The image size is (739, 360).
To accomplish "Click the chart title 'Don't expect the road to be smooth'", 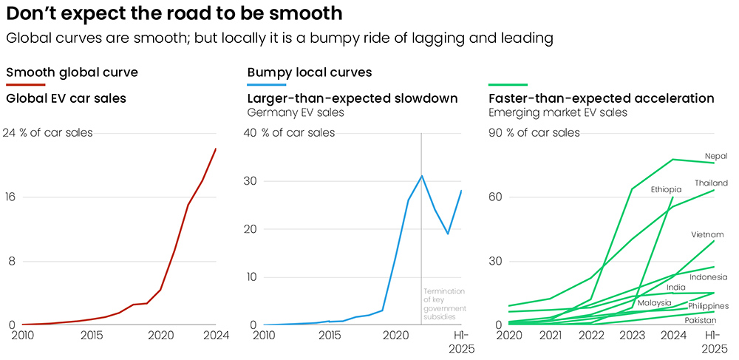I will click(x=174, y=13).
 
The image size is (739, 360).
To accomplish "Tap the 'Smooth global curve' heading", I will click(x=72, y=72).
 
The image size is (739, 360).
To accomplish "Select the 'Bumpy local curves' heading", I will click(x=309, y=72).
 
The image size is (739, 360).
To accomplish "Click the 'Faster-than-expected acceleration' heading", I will click(x=602, y=98).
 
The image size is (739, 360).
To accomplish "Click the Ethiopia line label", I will click(x=666, y=190).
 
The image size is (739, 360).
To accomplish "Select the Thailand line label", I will click(x=711, y=183).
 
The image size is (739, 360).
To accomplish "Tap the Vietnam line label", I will click(x=707, y=235).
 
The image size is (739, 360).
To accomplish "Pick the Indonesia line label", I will click(x=709, y=277).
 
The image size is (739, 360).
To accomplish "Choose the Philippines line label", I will click(x=708, y=306).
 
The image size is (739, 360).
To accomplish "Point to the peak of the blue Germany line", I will click(x=421, y=176).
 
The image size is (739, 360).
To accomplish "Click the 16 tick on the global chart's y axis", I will click(x=12, y=197).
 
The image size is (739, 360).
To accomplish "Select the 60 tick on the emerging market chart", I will click(x=495, y=197).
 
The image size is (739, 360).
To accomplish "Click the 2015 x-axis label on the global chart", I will click(x=92, y=336).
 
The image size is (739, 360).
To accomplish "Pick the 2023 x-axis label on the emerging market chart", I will click(x=632, y=336).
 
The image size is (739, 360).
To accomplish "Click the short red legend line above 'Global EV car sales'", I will click(x=26, y=86).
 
